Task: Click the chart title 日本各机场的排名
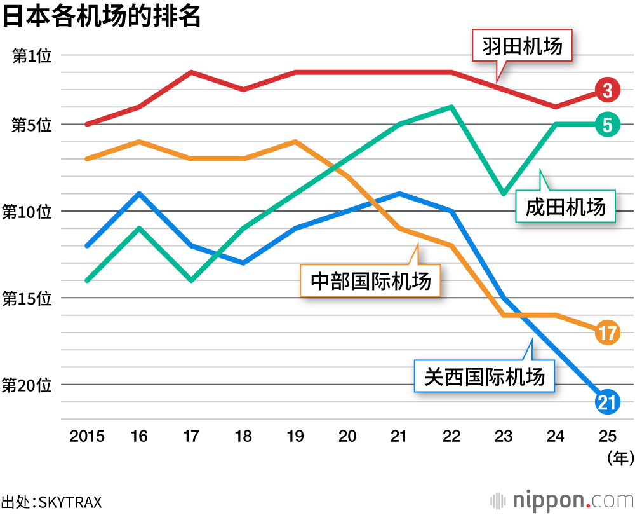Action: (x=101, y=17)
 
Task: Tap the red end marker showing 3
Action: (x=607, y=90)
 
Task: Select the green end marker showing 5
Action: (x=607, y=125)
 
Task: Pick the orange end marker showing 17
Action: (x=607, y=333)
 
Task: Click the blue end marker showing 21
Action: (x=607, y=402)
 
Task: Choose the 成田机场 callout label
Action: (x=566, y=206)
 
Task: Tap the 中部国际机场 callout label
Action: (x=371, y=280)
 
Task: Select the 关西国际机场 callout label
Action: (x=484, y=376)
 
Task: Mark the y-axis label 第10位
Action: (x=27, y=212)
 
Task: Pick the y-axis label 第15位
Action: (x=27, y=298)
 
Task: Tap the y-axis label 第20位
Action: (x=27, y=385)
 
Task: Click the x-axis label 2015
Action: (x=87, y=436)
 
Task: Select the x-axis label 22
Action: (x=451, y=436)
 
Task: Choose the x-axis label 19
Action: (x=295, y=436)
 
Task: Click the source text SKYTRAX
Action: (x=70, y=502)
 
